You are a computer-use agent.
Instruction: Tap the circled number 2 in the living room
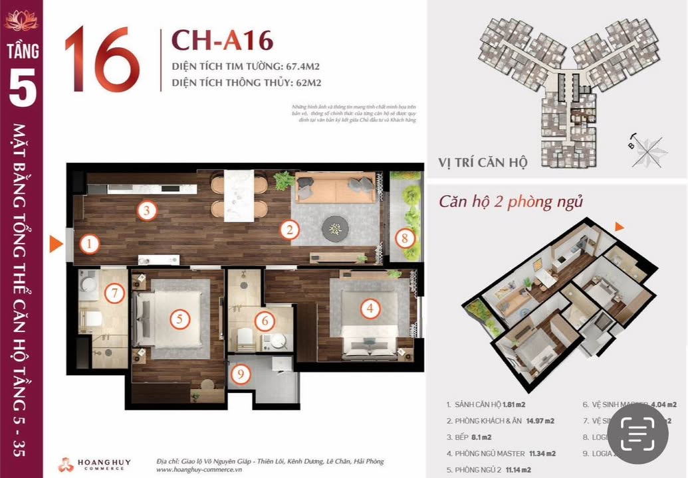[x=289, y=230]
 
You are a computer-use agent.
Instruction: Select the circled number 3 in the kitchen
[x=147, y=211]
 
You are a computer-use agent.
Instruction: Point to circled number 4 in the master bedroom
[x=370, y=307]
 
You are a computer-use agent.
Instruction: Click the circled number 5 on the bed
[x=179, y=319]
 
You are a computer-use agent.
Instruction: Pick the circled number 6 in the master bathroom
[x=264, y=321]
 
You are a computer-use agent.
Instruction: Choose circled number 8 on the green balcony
[x=405, y=237]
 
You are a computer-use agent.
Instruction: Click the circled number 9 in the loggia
[x=241, y=374]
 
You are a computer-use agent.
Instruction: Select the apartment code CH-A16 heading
[x=222, y=40]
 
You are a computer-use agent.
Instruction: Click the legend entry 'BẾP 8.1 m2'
[x=471, y=437]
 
